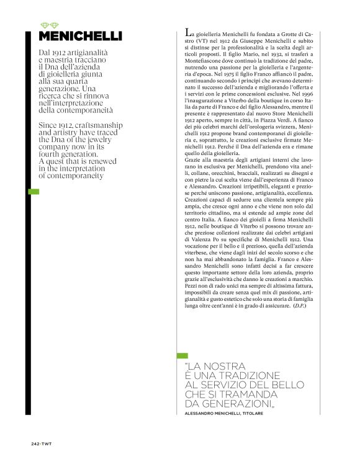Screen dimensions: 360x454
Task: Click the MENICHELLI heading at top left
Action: click(x=80, y=36)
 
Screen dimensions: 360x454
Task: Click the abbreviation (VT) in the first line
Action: click(x=192, y=39)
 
